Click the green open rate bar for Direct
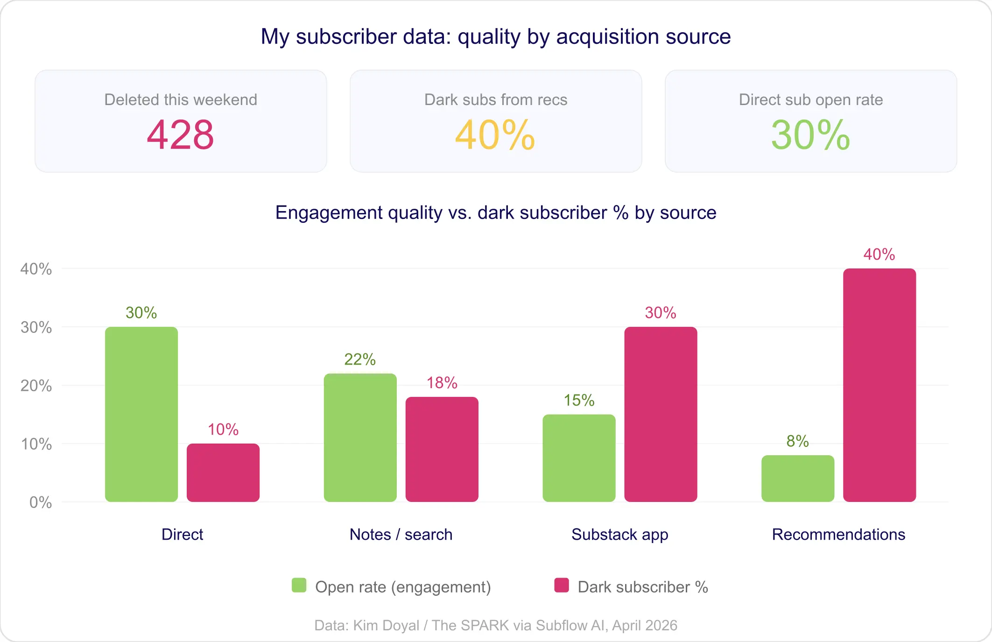(x=141, y=414)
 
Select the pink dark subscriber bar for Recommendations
(x=879, y=385)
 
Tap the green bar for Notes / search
(x=360, y=437)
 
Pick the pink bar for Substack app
(x=661, y=414)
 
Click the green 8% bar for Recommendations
(x=797, y=479)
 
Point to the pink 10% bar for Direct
(x=223, y=473)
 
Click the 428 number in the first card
(x=180, y=135)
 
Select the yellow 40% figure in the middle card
(x=495, y=135)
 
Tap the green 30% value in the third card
(x=810, y=135)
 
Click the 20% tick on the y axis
(x=36, y=386)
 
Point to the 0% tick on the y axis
(x=41, y=502)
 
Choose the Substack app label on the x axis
(x=619, y=534)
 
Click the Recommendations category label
(x=838, y=534)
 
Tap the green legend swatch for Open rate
(x=299, y=586)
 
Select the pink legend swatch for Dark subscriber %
(x=562, y=586)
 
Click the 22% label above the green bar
(x=360, y=359)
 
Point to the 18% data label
(x=442, y=383)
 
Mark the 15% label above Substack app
(x=579, y=400)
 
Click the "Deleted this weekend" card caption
(x=181, y=99)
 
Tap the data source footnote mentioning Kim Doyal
(x=496, y=625)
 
